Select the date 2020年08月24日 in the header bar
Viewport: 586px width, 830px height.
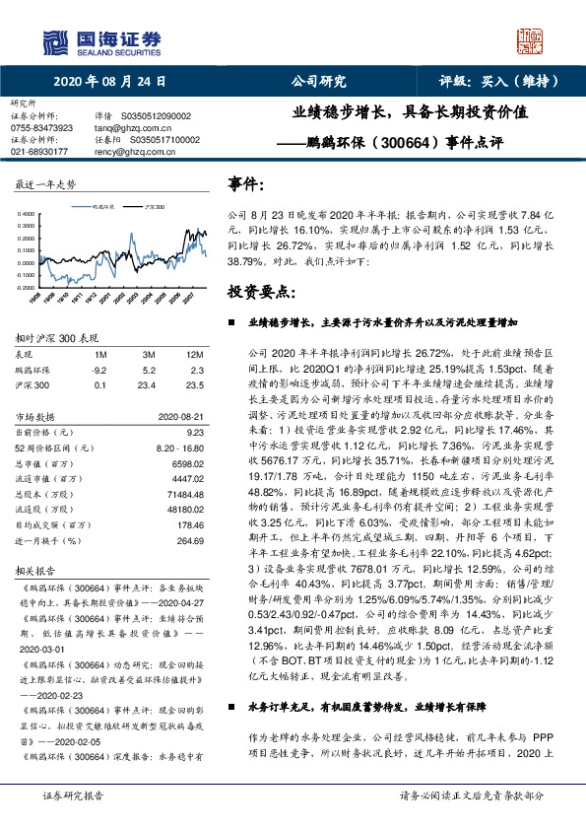pos(109,82)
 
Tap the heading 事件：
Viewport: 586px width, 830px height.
pos(246,184)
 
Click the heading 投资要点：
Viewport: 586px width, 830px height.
pos(260,293)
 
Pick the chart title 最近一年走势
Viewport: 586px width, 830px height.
pos(46,184)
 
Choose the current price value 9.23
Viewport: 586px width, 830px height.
pos(195,431)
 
